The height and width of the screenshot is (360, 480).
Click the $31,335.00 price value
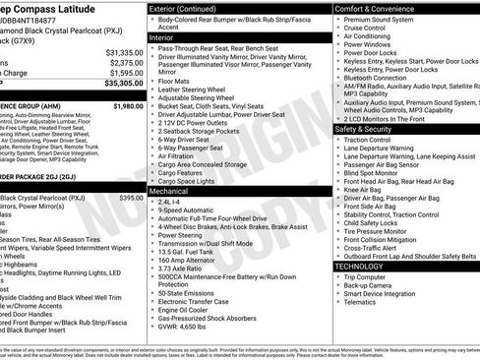click(124, 52)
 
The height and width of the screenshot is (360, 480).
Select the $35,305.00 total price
click(124, 85)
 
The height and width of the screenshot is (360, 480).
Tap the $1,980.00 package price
click(127, 105)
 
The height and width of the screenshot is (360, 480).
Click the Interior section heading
click(162, 36)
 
